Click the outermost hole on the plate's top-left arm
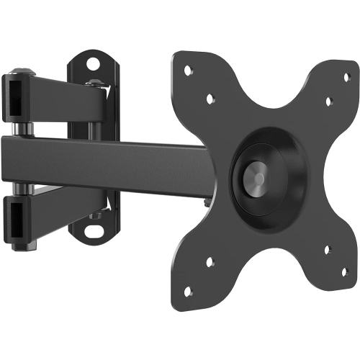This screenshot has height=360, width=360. (189, 71)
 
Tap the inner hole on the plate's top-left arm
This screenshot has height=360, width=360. (210, 99)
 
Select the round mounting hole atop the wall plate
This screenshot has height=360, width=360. (91, 63)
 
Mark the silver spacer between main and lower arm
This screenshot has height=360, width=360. (24, 186)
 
